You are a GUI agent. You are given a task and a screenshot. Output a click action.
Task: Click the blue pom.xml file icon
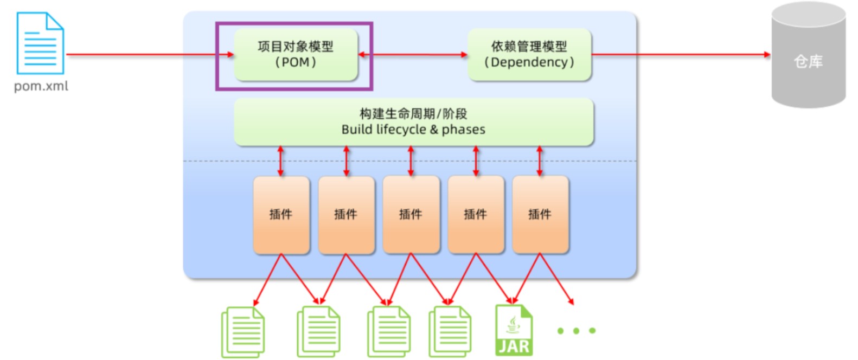pos(40,43)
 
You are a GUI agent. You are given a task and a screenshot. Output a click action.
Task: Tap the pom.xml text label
pos(41,86)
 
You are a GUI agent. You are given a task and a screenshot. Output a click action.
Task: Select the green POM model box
pos(296,55)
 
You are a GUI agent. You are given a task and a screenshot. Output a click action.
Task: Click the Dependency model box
pos(529,55)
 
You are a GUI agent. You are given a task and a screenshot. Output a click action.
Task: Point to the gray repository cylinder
pos(809,55)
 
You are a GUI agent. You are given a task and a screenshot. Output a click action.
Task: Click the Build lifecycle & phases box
pos(414,122)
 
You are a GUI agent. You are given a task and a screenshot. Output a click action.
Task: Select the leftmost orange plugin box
pos(281,215)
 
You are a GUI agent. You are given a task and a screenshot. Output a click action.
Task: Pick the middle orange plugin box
pos(411,215)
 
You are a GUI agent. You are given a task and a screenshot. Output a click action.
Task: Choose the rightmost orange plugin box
pos(541,215)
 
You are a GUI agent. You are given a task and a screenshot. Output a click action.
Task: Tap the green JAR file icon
pos(514,330)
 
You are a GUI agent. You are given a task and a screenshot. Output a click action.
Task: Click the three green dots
pos(577,331)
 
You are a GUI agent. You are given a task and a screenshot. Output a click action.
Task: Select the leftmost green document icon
pos(243,332)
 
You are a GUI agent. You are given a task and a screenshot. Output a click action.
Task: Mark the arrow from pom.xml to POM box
pos(150,54)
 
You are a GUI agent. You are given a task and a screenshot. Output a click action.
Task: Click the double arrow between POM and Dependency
pos(413,55)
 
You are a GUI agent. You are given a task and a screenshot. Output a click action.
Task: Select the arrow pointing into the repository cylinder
pos(681,54)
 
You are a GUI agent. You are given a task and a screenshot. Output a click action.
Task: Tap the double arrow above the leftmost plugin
pos(281,161)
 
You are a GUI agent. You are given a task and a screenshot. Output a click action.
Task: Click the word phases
pos(464,130)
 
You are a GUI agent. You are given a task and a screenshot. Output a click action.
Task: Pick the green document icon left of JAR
pos(450,332)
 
